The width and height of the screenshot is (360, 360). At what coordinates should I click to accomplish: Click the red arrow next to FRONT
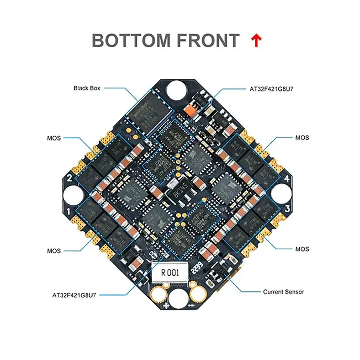(257, 41)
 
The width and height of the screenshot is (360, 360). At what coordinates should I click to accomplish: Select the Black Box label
(87, 88)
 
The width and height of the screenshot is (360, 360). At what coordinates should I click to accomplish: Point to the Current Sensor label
(283, 292)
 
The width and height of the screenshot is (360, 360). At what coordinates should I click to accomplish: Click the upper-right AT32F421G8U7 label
(273, 88)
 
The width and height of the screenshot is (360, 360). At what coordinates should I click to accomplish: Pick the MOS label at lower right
(302, 248)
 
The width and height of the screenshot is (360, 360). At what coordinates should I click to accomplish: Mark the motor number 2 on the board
(70, 178)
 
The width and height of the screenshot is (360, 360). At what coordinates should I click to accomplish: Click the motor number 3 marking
(288, 209)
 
